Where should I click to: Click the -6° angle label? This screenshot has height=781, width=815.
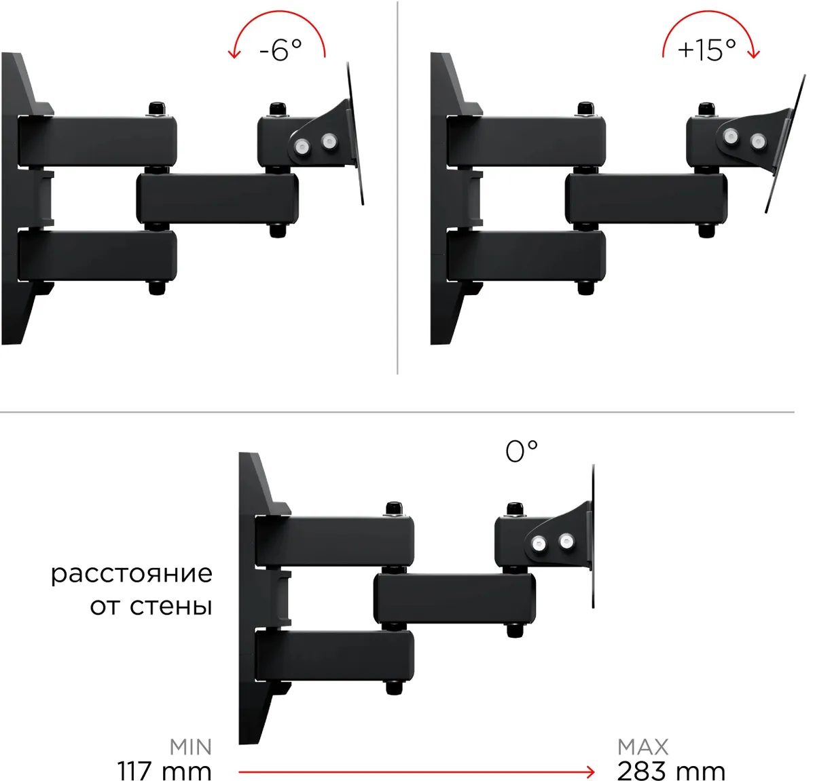(x=280, y=50)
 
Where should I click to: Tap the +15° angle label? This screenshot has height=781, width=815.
(x=706, y=50)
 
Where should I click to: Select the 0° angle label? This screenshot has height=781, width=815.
(x=521, y=451)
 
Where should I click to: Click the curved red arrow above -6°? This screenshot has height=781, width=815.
(x=278, y=12)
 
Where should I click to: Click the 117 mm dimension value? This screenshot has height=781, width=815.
(x=164, y=771)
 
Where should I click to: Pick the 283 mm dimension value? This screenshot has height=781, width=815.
(x=671, y=771)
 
